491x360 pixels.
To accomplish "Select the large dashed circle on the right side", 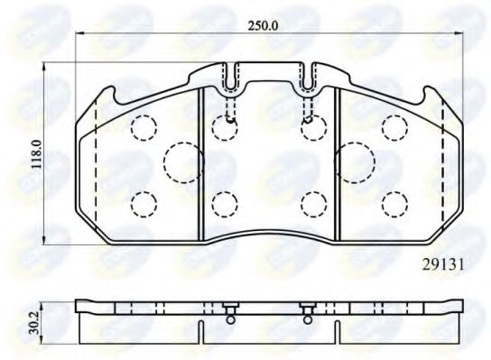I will point(354,163).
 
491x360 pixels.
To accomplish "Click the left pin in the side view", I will point(230,313).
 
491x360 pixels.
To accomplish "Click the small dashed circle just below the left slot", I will point(225,127).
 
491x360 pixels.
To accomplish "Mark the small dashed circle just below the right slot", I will point(314,127).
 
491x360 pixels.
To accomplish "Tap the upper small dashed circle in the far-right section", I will point(395,127).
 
